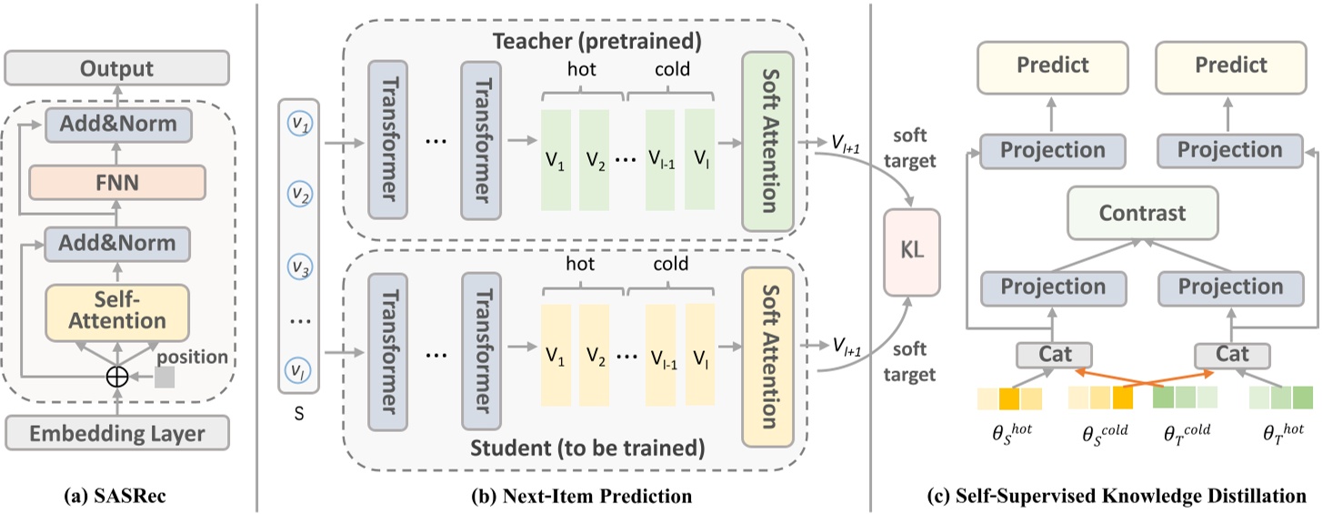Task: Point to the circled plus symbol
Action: (116, 377)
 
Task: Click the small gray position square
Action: (165, 378)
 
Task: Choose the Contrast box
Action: (1142, 214)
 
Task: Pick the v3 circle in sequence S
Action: (297, 267)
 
